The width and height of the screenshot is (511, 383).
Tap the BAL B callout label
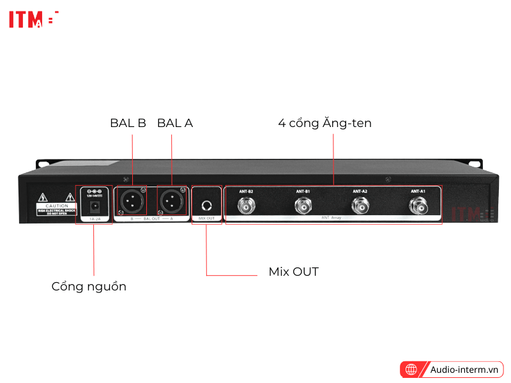click(128, 123)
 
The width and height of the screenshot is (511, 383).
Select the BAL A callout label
click(174, 123)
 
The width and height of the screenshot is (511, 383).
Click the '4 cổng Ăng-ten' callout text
click(324, 123)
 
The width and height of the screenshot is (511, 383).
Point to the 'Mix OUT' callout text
click(293, 272)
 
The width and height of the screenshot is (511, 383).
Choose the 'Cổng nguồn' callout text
click(89, 287)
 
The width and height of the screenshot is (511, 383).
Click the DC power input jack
click(95, 206)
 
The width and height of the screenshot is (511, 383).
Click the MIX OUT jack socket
click(206, 206)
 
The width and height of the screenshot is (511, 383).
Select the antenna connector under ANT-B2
click(246, 206)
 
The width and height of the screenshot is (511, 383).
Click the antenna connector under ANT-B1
click(303, 206)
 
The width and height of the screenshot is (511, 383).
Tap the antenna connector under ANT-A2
click(360, 206)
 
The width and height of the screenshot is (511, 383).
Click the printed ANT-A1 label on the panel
click(418, 191)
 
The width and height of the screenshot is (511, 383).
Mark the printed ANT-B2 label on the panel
click(246, 191)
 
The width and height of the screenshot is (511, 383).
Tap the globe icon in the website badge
click(411, 369)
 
